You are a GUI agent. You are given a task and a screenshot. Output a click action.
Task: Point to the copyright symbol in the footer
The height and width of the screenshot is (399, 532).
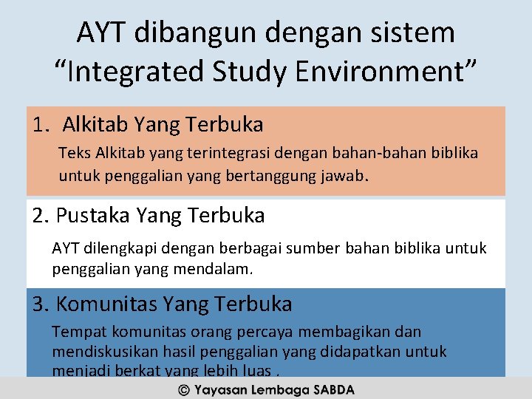183,389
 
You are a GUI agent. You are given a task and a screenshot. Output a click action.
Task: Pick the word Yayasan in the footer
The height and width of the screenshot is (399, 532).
220,389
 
